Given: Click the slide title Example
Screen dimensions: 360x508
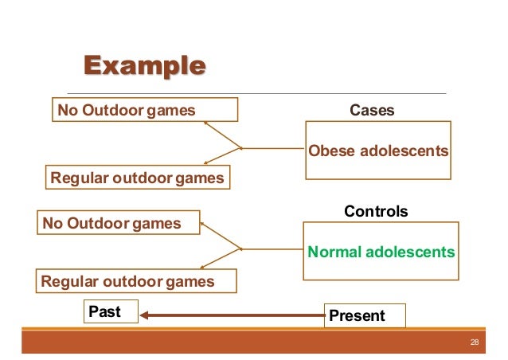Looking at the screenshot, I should point(139,65).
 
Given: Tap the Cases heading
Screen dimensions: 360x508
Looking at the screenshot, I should point(372,111).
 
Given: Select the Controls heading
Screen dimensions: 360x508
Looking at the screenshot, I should point(375,211).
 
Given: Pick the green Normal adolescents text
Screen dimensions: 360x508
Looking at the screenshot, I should point(381,252).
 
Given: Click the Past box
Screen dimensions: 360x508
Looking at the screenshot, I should point(111,312).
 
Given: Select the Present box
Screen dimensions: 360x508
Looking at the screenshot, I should point(365,315).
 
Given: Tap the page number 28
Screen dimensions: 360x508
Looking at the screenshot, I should point(475,342).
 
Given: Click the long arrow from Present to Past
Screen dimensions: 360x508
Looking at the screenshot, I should point(231,316).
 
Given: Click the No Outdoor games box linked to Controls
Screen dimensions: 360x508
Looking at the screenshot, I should point(119,224).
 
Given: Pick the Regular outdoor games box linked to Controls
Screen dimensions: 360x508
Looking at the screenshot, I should point(127,281).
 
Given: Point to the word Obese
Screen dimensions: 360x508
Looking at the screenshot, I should point(329,151).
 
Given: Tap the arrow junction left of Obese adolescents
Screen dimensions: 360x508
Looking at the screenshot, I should point(241,147).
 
